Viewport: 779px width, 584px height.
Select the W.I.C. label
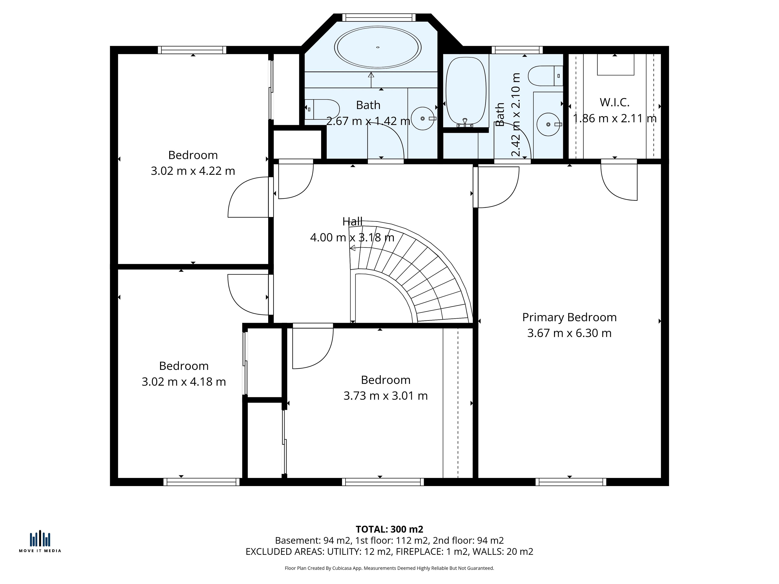point(614,102)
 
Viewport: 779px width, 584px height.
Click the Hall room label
point(352,221)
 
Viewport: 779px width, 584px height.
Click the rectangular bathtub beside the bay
point(466,92)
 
